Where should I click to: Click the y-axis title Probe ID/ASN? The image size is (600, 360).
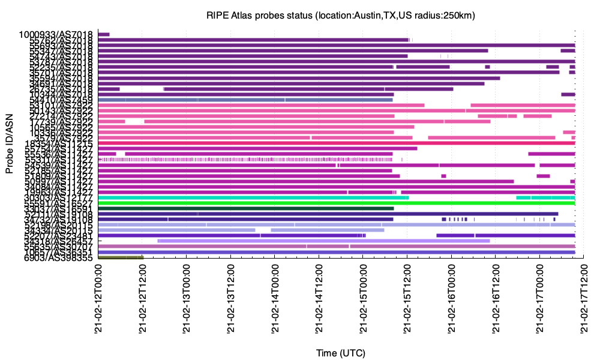[x=10, y=146]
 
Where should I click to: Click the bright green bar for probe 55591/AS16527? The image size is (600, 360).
[x=336, y=203]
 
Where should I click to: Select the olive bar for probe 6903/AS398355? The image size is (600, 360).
[x=121, y=257]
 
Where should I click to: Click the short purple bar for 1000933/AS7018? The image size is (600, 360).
[x=104, y=34]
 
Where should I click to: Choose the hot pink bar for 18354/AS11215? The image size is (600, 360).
[x=336, y=143]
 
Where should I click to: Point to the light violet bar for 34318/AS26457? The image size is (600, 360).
[x=324, y=241]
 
